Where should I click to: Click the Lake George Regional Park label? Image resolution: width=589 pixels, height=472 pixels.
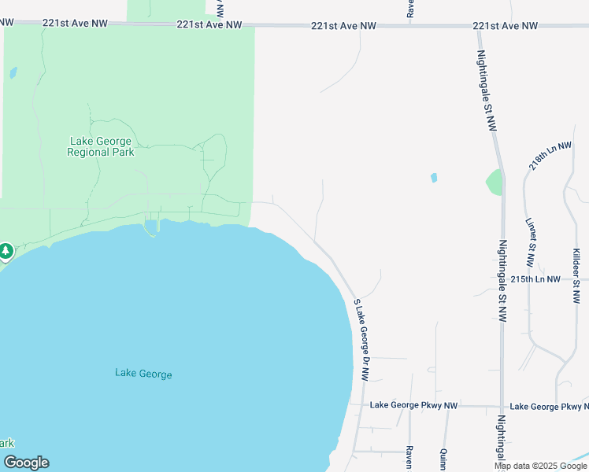click(100, 147)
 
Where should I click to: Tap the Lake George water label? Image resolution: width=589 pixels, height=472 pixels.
click(143, 374)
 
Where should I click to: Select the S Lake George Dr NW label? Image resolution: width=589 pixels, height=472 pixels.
click(362, 340)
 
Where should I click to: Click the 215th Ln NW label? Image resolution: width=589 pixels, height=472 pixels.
click(535, 279)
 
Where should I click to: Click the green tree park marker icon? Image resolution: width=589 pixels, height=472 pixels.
click(6, 251)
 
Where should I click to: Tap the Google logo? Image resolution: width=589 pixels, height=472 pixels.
click(26, 463)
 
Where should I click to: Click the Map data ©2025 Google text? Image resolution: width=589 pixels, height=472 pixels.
click(540, 466)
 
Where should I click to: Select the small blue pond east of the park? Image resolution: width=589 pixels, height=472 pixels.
click(434, 178)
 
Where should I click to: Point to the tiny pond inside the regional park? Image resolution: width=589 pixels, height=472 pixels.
click(13, 73)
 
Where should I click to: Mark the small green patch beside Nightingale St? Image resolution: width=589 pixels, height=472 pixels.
click(494, 183)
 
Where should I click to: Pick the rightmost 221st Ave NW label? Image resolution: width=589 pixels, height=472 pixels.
click(506, 26)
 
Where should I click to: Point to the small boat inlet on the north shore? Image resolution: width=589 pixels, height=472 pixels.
click(150, 227)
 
